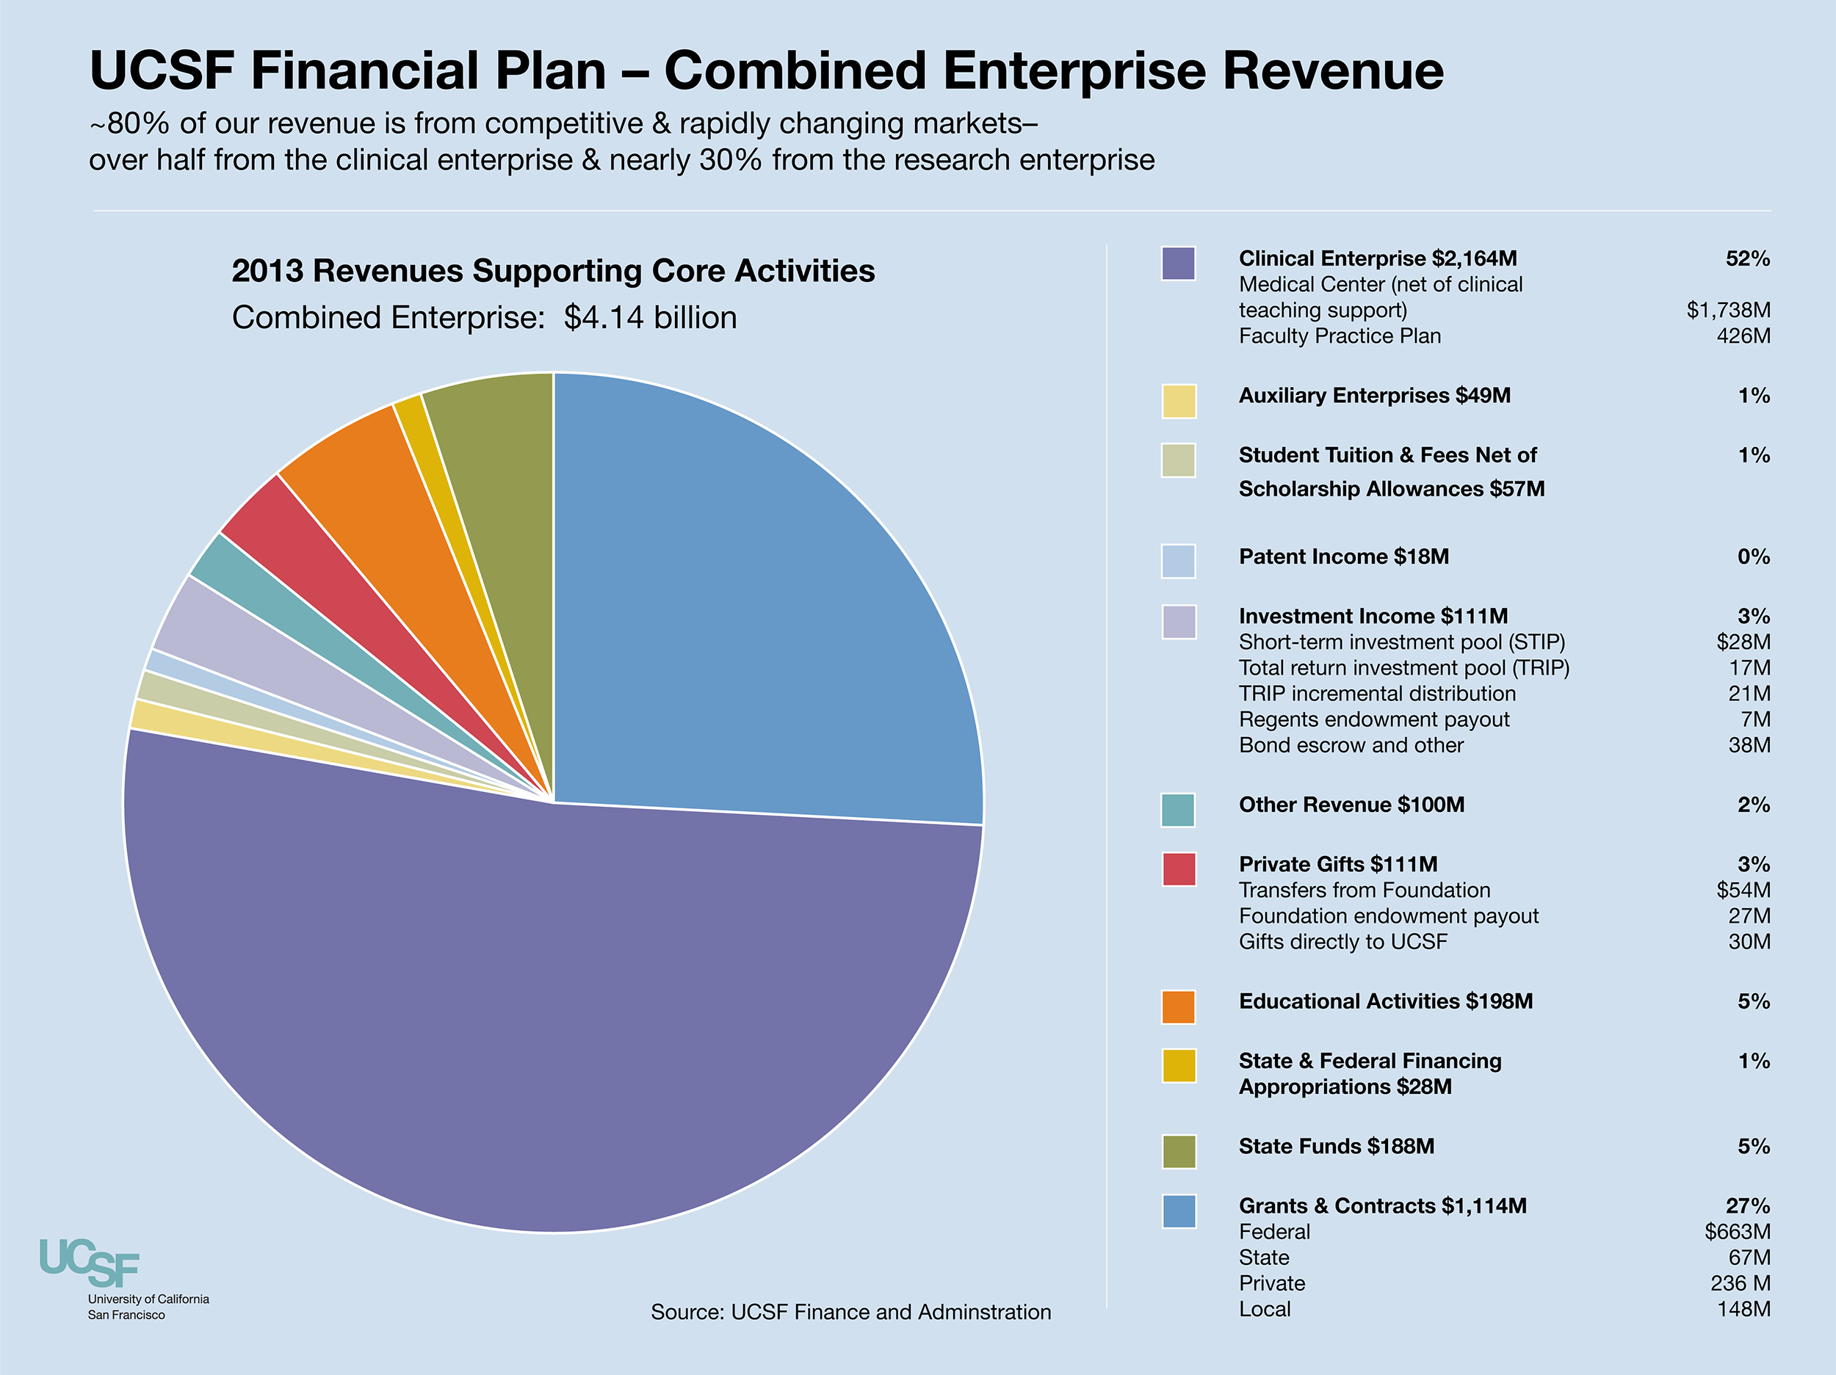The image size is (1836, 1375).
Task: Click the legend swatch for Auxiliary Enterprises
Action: tap(1179, 402)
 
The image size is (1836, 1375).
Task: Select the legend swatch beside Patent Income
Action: tap(1179, 561)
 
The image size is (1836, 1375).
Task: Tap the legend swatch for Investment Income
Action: tap(1179, 622)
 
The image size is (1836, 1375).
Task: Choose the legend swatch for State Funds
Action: tap(1179, 1152)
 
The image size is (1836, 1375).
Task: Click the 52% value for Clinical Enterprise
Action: tap(1747, 259)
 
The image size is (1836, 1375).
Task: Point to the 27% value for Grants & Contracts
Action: tap(1747, 1205)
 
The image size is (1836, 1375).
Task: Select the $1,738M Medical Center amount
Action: tap(1728, 311)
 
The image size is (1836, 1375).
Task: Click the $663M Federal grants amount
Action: tap(1738, 1231)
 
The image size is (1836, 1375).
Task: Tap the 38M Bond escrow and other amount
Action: tap(1749, 745)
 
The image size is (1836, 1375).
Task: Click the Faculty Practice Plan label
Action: tap(1340, 336)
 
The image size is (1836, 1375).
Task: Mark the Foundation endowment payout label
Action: tap(1389, 916)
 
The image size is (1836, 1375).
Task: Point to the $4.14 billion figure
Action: tap(650, 318)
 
